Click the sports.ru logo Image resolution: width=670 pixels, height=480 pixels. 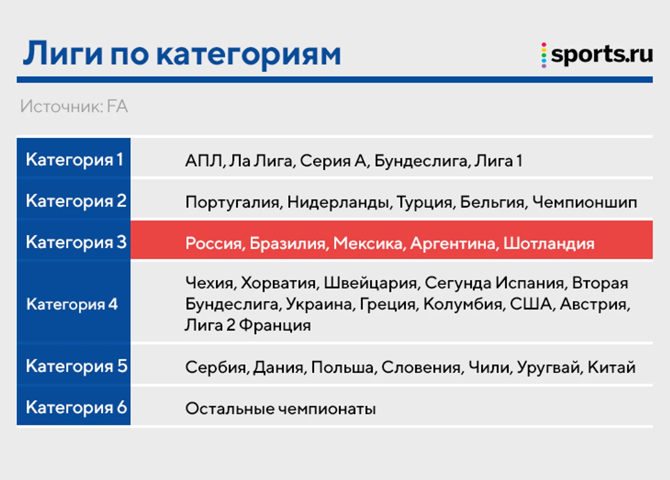pyautogui.click(x=597, y=55)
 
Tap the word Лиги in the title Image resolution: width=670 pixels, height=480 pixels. pyautogui.click(x=63, y=53)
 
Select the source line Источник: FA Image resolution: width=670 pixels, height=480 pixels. pyautogui.click(x=74, y=106)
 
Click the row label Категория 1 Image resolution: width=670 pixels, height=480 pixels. pyautogui.click(x=74, y=160)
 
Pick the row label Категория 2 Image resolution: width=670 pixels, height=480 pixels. pyautogui.click(x=76, y=201)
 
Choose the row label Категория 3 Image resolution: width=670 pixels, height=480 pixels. pyautogui.click(x=76, y=242)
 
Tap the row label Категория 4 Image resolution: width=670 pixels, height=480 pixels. pyautogui.click(x=72, y=304)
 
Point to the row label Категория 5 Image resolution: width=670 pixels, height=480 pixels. pyautogui.click(x=77, y=366)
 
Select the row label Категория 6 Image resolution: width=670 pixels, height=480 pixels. pyautogui.click(x=76, y=407)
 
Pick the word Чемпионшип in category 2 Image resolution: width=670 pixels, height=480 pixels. pyautogui.click(x=585, y=203)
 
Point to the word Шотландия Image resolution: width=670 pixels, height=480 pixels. pyautogui.click(x=549, y=243)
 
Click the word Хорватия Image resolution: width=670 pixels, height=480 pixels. pyautogui.click(x=278, y=283)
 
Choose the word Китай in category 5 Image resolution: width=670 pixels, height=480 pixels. pyautogui.click(x=611, y=367)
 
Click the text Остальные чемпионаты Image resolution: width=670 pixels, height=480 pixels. pyautogui.click(x=280, y=408)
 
